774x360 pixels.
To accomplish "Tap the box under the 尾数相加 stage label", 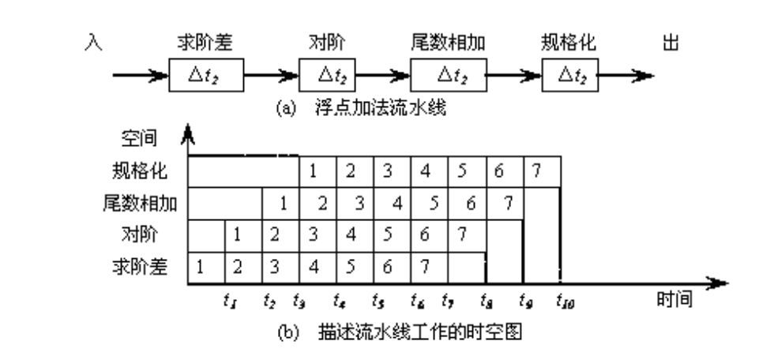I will (x=449, y=77).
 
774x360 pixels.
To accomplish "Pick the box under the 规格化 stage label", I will (x=568, y=77).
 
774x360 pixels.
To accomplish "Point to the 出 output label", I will (x=672, y=46).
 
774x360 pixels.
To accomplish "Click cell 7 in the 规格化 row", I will (x=542, y=169).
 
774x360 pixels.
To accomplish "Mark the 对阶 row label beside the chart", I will (x=138, y=234).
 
